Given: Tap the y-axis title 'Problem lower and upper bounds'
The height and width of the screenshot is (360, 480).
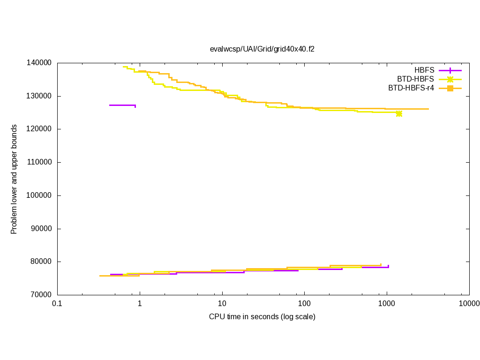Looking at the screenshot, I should [14, 179].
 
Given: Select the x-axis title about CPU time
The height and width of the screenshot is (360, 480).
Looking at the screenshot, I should [262, 317].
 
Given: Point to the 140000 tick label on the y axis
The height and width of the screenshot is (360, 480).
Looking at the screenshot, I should [39, 63].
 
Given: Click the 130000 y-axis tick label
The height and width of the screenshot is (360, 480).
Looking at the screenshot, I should [39, 96].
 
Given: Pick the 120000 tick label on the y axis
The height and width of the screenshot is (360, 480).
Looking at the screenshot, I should [39, 129].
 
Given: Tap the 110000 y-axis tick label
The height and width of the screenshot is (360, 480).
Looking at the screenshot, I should [39, 162].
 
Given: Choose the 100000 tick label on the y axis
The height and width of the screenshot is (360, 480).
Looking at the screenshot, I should [39, 195].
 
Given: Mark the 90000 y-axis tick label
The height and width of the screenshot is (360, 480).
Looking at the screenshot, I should [41, 229].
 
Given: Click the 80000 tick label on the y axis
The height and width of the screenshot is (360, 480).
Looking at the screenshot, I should [41, 262].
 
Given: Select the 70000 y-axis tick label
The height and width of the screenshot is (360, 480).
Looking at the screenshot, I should [41, 295].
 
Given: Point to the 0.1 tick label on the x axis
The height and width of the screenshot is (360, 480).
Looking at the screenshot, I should [57, 304].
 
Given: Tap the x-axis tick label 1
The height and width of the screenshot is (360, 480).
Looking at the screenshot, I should [140, 304].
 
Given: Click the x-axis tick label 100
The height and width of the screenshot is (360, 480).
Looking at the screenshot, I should [304, 304].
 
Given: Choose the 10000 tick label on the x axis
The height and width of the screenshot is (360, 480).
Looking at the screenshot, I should [469, 304].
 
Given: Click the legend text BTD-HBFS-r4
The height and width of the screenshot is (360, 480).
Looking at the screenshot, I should [411, 88].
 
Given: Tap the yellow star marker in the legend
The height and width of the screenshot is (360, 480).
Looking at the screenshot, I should [450, 79].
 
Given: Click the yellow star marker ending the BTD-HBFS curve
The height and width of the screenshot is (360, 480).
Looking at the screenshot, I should [399, 113].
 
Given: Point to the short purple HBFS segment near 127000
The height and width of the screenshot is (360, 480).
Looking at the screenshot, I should [122, 105].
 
